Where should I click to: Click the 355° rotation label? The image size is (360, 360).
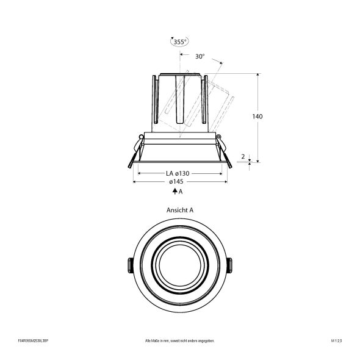click(179, 42)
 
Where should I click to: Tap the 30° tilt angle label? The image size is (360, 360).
click(200, 56)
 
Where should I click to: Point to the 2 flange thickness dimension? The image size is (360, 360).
click(243, 157)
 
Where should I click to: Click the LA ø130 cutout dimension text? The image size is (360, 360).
click(178, 173)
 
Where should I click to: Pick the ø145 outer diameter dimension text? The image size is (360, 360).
click(177, 182)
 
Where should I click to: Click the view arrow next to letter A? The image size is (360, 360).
click(175, 192)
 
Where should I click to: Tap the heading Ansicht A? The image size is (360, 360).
click(179, 209)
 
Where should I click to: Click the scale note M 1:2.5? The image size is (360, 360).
click(336, 341)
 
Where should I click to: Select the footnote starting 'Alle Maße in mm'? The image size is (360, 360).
click(179, 341)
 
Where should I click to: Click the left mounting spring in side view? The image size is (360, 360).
click(134, 156)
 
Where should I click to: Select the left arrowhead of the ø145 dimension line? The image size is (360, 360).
click(134, 182)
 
